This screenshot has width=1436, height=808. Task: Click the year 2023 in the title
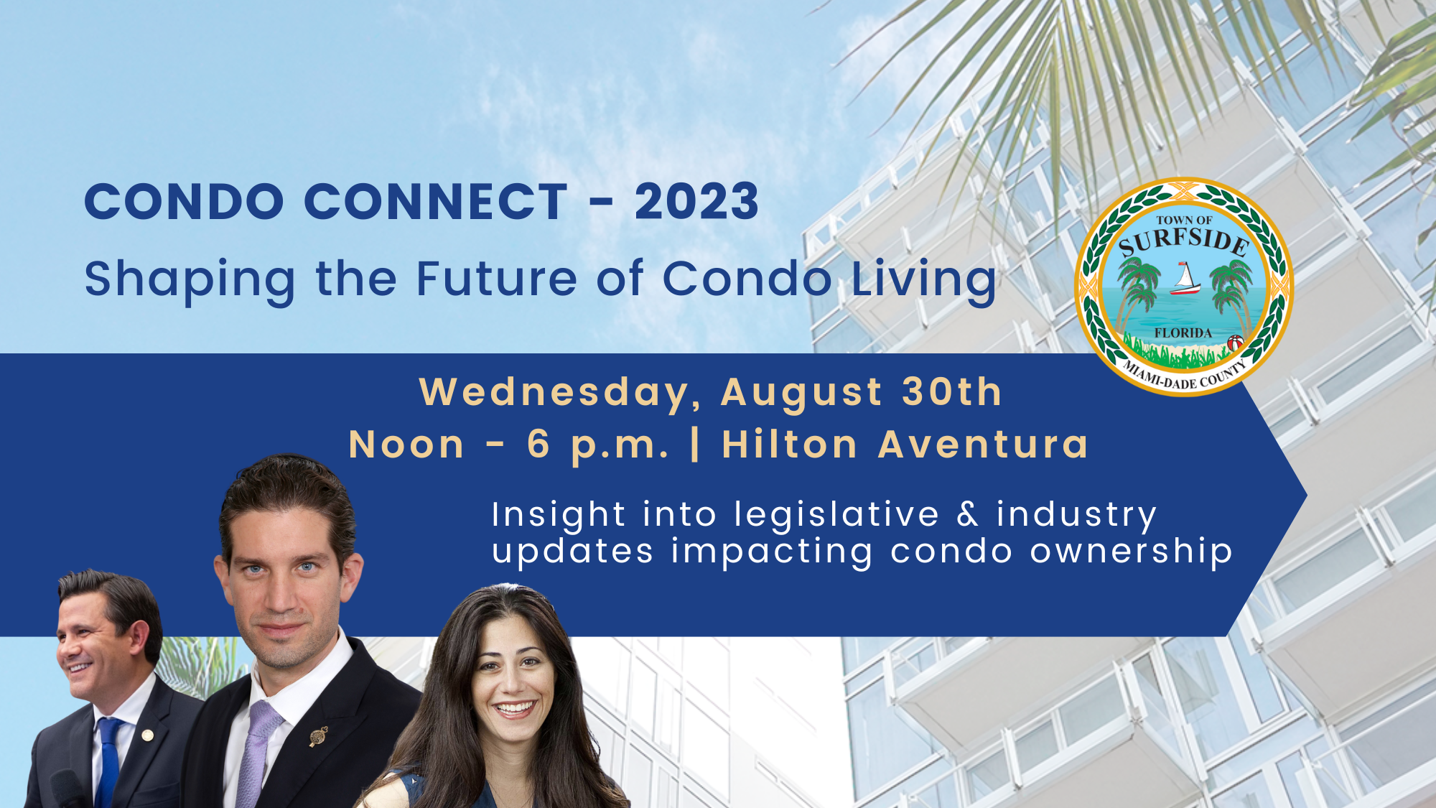pos(696,202)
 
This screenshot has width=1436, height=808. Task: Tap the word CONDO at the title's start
pos(185,202)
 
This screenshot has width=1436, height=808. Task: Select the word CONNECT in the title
pos(437,202)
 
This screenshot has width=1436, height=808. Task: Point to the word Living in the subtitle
pos(924,280)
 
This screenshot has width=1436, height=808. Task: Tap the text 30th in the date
pos(952,392)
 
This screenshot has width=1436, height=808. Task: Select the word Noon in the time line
pos(407,445)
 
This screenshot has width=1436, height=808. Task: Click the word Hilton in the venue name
pos(790,445)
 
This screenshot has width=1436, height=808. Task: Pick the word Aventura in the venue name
pos(984,445)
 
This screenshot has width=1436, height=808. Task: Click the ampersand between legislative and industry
pos(968,514)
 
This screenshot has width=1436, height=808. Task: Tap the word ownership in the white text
pos(1132,552)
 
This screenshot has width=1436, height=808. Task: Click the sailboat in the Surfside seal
pos(1185,279)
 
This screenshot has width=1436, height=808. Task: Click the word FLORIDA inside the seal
pos(1183,333)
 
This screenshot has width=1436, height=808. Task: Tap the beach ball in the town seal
pos(1235,343)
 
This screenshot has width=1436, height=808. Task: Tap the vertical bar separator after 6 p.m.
pos(695,445)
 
